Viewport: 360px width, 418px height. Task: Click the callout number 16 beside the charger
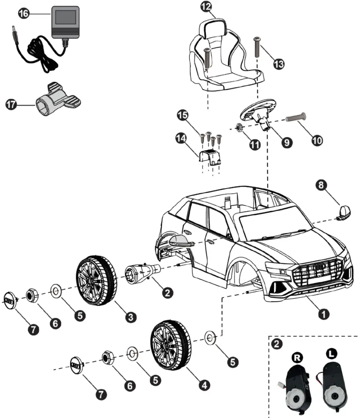(x=24, y=14)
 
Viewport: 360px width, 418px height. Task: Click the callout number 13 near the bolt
(x=279, y=63)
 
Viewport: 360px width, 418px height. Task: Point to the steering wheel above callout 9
(x=257, y=109)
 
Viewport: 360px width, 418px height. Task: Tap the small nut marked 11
(x=240, y=126)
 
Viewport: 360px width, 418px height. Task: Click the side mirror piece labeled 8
(x=344, y=212)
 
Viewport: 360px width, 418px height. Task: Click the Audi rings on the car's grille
(x=319, y=267)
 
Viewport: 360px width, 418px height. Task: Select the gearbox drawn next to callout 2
(x=142, y=273)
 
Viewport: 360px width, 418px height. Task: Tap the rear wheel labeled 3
(x=96, y=281)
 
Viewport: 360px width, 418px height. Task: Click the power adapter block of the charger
(x=65, y=21)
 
